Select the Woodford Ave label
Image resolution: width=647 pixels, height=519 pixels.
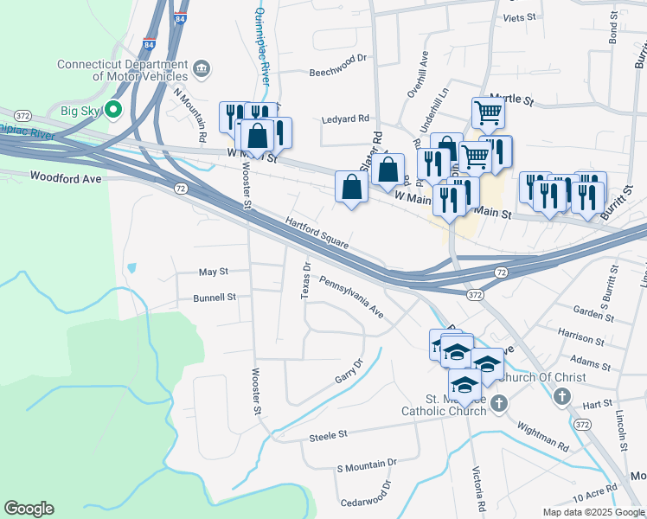coord(66,177)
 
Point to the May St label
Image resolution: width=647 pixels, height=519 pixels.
coord(213,272)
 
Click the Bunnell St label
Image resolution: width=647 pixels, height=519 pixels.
coord(215,298)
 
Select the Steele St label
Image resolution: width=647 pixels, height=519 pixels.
coord(328,437)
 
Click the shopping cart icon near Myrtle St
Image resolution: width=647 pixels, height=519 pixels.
coord(489,112)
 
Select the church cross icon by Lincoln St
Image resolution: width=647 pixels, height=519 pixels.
coord(561,397)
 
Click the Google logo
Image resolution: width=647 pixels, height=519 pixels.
coord(29,509)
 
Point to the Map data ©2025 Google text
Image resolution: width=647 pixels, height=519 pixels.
coord(593,512)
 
